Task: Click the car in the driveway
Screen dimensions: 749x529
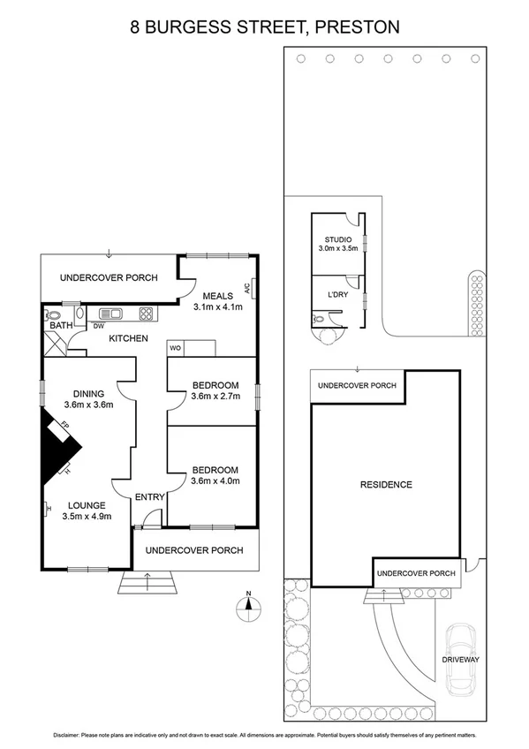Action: point(460,660)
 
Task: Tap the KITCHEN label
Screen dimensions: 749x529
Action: point(128,338)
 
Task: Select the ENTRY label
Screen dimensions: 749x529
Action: point(149,497)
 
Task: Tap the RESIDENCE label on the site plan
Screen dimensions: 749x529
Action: point(386,485)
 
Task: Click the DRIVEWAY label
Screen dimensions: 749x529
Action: point(462,659)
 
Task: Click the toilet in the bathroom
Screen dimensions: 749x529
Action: point(53,314)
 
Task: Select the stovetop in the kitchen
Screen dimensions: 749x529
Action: point(146,313)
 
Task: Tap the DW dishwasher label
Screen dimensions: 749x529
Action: point(98,326)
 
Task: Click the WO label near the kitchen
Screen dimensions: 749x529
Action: point(175,349)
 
